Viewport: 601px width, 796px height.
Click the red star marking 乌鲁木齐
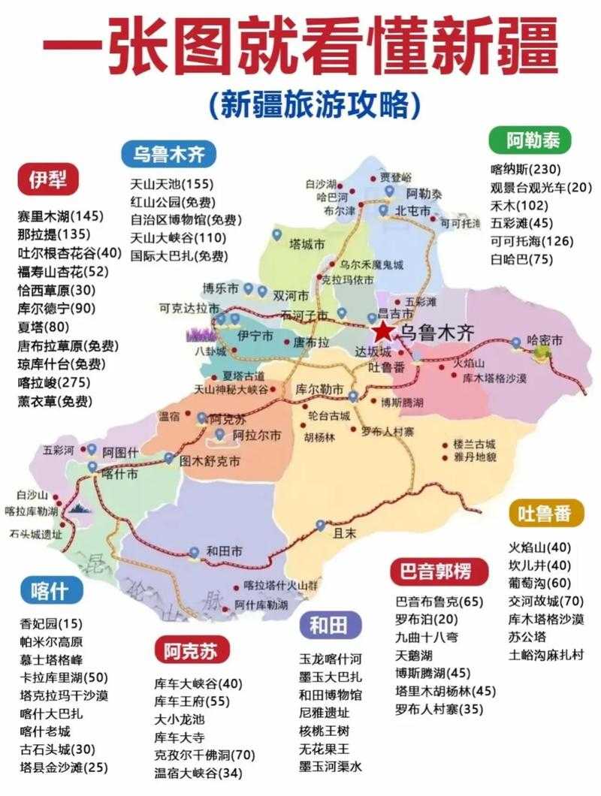[384, 331]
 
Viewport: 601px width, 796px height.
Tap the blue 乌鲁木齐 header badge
[168, 155]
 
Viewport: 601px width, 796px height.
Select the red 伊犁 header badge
[48, 179]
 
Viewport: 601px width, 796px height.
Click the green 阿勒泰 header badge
[527, 140]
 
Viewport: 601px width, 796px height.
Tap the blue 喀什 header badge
[50, 590]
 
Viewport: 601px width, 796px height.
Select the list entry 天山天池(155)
[171, 184]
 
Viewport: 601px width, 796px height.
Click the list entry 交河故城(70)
[546, 601]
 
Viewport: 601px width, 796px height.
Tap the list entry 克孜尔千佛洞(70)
[205, 755]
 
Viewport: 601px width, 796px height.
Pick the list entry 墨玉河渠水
[331, 767]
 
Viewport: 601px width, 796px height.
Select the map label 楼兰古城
[476, 444]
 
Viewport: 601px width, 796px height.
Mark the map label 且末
[343, 534]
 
